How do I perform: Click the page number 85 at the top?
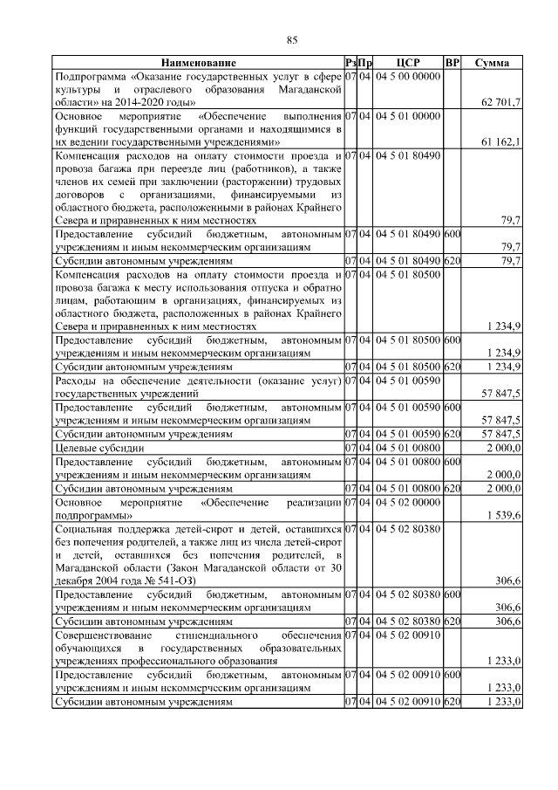coord(292,39)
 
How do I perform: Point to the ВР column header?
coord(452,64)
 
